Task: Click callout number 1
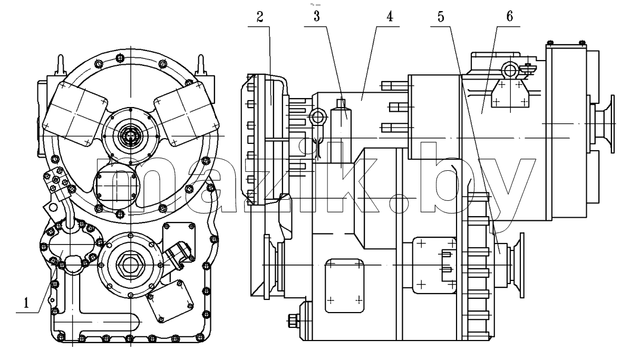pyautogui.click(x=26, y=303)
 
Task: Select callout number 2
pyautogui.click(x=260, y=17)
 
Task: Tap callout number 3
pyautogui.click(x=317, y=16)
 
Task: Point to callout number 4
pyautogui.click(x=390, y=16)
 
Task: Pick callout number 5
pyautogui.click(x=441, y=17)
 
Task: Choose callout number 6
pyautogui.click(x=510, y=16)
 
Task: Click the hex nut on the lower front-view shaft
pyautogui.click(x=130, y=264)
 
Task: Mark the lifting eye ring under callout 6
pyautogui.click(x=509, y=71)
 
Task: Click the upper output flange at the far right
pyautogui.click(x=603, y=124)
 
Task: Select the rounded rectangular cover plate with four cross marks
pyautogui.click(x=344, y=286)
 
